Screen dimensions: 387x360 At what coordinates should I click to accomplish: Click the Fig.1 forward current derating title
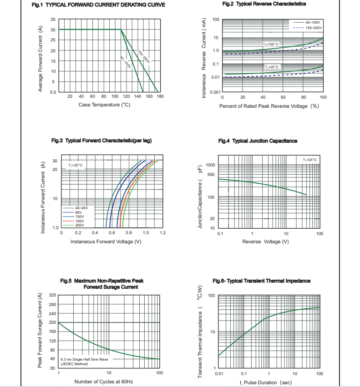(98, 5)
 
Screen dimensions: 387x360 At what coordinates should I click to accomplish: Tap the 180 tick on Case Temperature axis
(160, 96)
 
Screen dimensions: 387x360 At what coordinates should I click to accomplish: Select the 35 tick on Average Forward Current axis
(53, 20)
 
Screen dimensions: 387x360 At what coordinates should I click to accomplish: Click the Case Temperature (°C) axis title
(104, 105)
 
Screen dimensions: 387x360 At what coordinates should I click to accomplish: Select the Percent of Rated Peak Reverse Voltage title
(269, 106)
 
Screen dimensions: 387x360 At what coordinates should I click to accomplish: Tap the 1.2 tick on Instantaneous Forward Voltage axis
(162, 233)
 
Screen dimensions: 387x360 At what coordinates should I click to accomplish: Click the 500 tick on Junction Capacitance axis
(211, 175)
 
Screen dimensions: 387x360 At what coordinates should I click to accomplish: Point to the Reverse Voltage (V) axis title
(265, 241)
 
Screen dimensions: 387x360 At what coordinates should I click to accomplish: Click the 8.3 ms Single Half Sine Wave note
(84, 359)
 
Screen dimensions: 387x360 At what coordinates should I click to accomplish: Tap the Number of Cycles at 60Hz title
(104, 382)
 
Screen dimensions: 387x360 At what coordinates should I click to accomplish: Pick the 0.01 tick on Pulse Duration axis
(219, 373)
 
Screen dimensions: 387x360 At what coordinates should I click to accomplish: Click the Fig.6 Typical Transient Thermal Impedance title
(261, 281)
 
